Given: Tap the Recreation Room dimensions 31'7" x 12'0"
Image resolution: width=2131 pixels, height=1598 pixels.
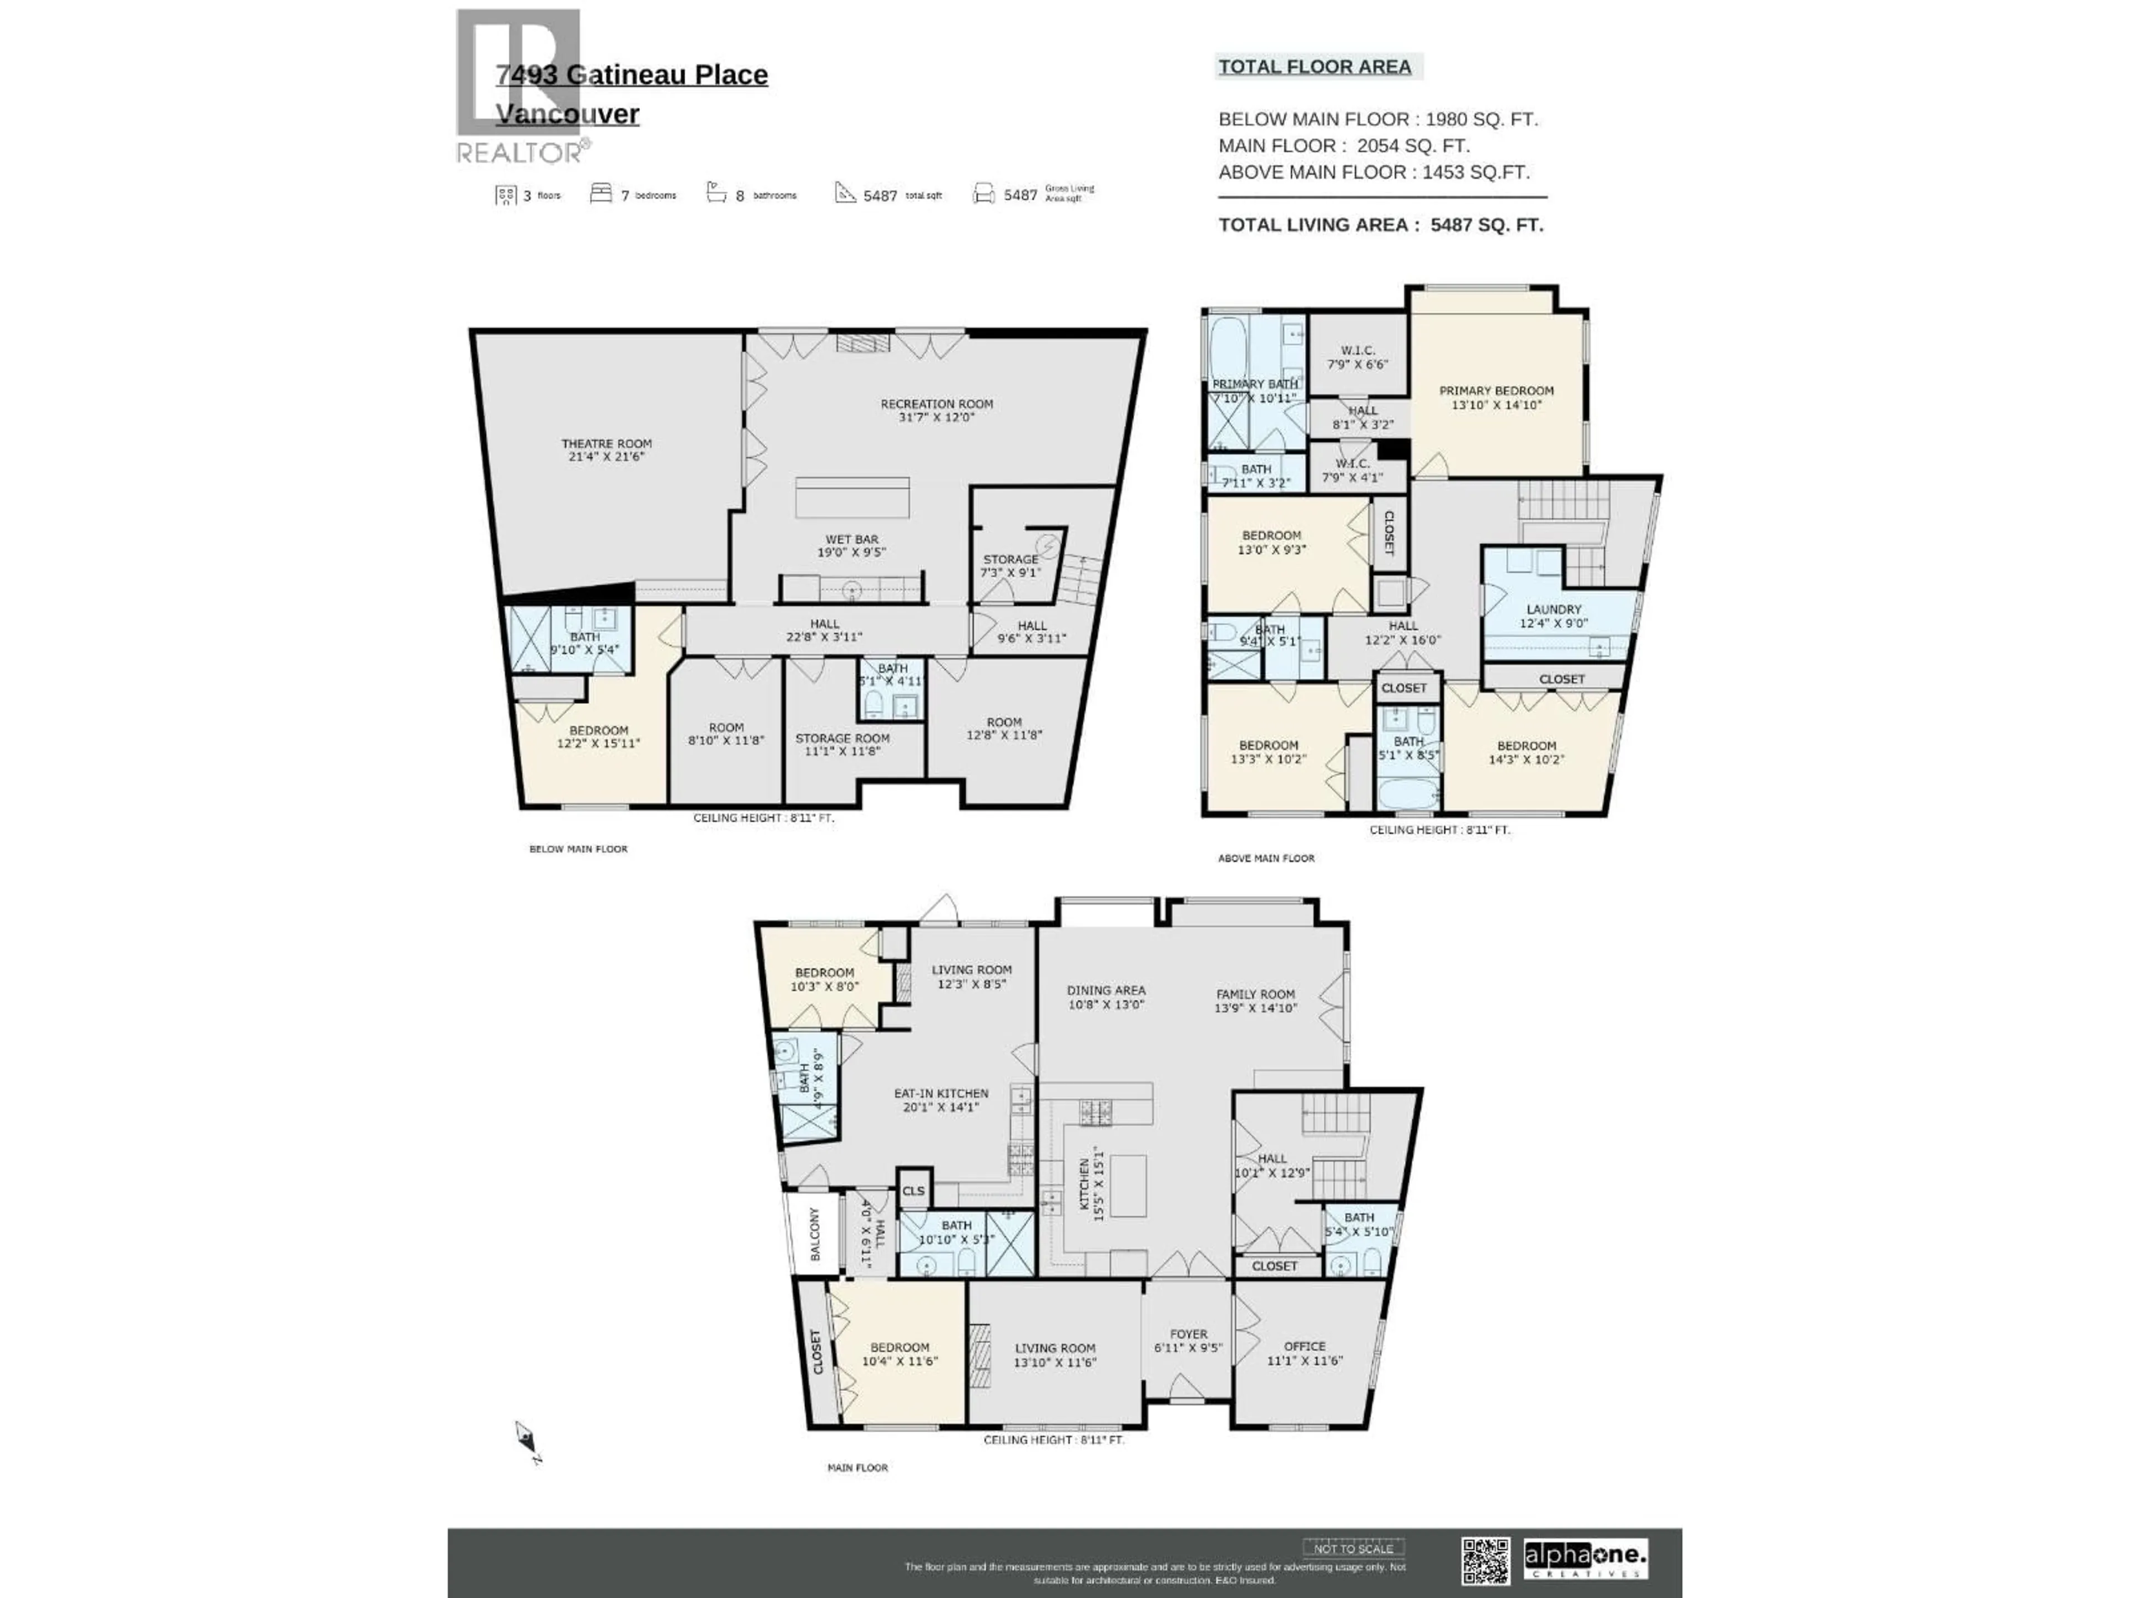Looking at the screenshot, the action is pos(936,418).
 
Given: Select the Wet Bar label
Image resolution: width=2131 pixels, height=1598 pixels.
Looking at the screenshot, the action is pos(852,539).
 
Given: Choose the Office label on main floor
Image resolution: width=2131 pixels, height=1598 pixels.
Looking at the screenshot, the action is pos(1305,1347).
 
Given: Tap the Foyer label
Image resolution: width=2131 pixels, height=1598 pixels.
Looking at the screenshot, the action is pos(1188,1334).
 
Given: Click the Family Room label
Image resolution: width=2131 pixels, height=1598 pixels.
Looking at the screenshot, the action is pos(1255,994).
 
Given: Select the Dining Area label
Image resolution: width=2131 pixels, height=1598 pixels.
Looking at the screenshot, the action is pos(1106,990).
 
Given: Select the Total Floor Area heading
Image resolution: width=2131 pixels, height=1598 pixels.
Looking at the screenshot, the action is pos(1314,67).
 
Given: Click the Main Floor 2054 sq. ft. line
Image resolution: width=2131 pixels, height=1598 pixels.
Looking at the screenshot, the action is pos(1344,145).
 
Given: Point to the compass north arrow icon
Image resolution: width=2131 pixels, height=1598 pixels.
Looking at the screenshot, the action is pos(525,1439).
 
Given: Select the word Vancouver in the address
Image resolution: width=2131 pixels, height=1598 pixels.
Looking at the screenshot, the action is pos(567,114).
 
